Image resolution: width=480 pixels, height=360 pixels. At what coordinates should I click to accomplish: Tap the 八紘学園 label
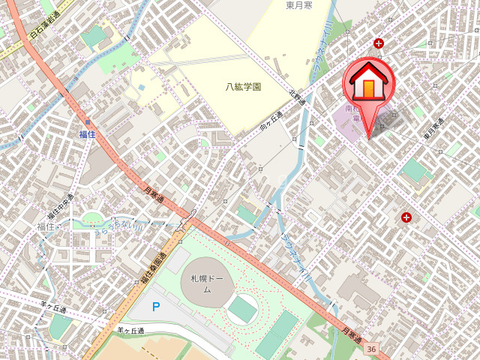pos(244,87)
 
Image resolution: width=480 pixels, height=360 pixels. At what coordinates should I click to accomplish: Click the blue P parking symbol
pos(156,306)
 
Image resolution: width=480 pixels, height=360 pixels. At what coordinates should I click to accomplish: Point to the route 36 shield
pos(371,349)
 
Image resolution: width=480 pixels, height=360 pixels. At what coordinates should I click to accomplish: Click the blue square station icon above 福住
pos(88,121)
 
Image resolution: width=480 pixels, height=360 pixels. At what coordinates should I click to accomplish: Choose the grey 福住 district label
pos(46,226)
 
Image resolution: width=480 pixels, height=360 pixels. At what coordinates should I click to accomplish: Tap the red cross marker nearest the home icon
pos(379,43)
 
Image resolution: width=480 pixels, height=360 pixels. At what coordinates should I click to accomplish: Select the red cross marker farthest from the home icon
pos(406,217)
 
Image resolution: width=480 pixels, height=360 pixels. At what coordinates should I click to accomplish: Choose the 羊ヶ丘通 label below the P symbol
pos(130,329)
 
